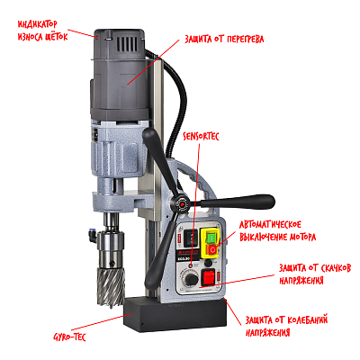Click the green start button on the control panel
(x=211, y=238)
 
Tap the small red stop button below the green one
(x=212, y=249)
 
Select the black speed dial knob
(x=191, y=280)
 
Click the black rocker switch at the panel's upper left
(x=191, y=238)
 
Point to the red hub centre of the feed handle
(x=181, y=203)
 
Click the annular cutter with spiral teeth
(x=111, y=284)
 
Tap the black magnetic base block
(x=175, y=313)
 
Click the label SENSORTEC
(x=202, y=137)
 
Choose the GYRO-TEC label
(x=69, y=337)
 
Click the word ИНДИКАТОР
(x=37, y=24)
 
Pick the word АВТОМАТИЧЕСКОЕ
(x=270, y=225)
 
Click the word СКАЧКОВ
(x=333, y=268)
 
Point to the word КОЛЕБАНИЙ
(x=308, y=319)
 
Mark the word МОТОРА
(x=299, y=238)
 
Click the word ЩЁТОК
(x=56, y=36)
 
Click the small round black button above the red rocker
(x=208, y=263)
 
